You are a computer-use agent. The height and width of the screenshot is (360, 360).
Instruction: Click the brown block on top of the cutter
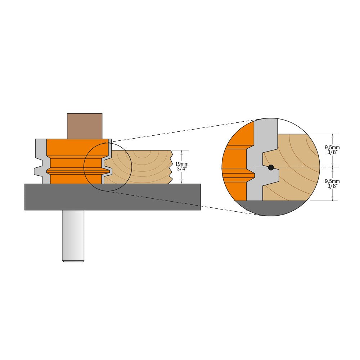point(85,126)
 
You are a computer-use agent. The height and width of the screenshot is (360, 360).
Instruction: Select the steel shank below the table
point(73,235)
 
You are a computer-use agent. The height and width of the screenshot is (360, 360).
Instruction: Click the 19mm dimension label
point(181,164)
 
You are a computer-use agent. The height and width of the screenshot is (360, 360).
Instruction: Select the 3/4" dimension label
point(181,169)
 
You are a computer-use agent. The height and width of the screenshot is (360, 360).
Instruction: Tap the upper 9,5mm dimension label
point(332,147)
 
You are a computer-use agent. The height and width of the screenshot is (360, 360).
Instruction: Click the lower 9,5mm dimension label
point(332,181)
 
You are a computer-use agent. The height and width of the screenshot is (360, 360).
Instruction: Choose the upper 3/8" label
point(332,152)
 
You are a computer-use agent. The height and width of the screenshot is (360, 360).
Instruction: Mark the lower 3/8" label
point(332,186)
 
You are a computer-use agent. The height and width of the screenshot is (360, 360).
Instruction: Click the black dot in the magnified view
point(271,167)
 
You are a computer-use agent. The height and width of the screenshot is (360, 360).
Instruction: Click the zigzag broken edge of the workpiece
point(171,167)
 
